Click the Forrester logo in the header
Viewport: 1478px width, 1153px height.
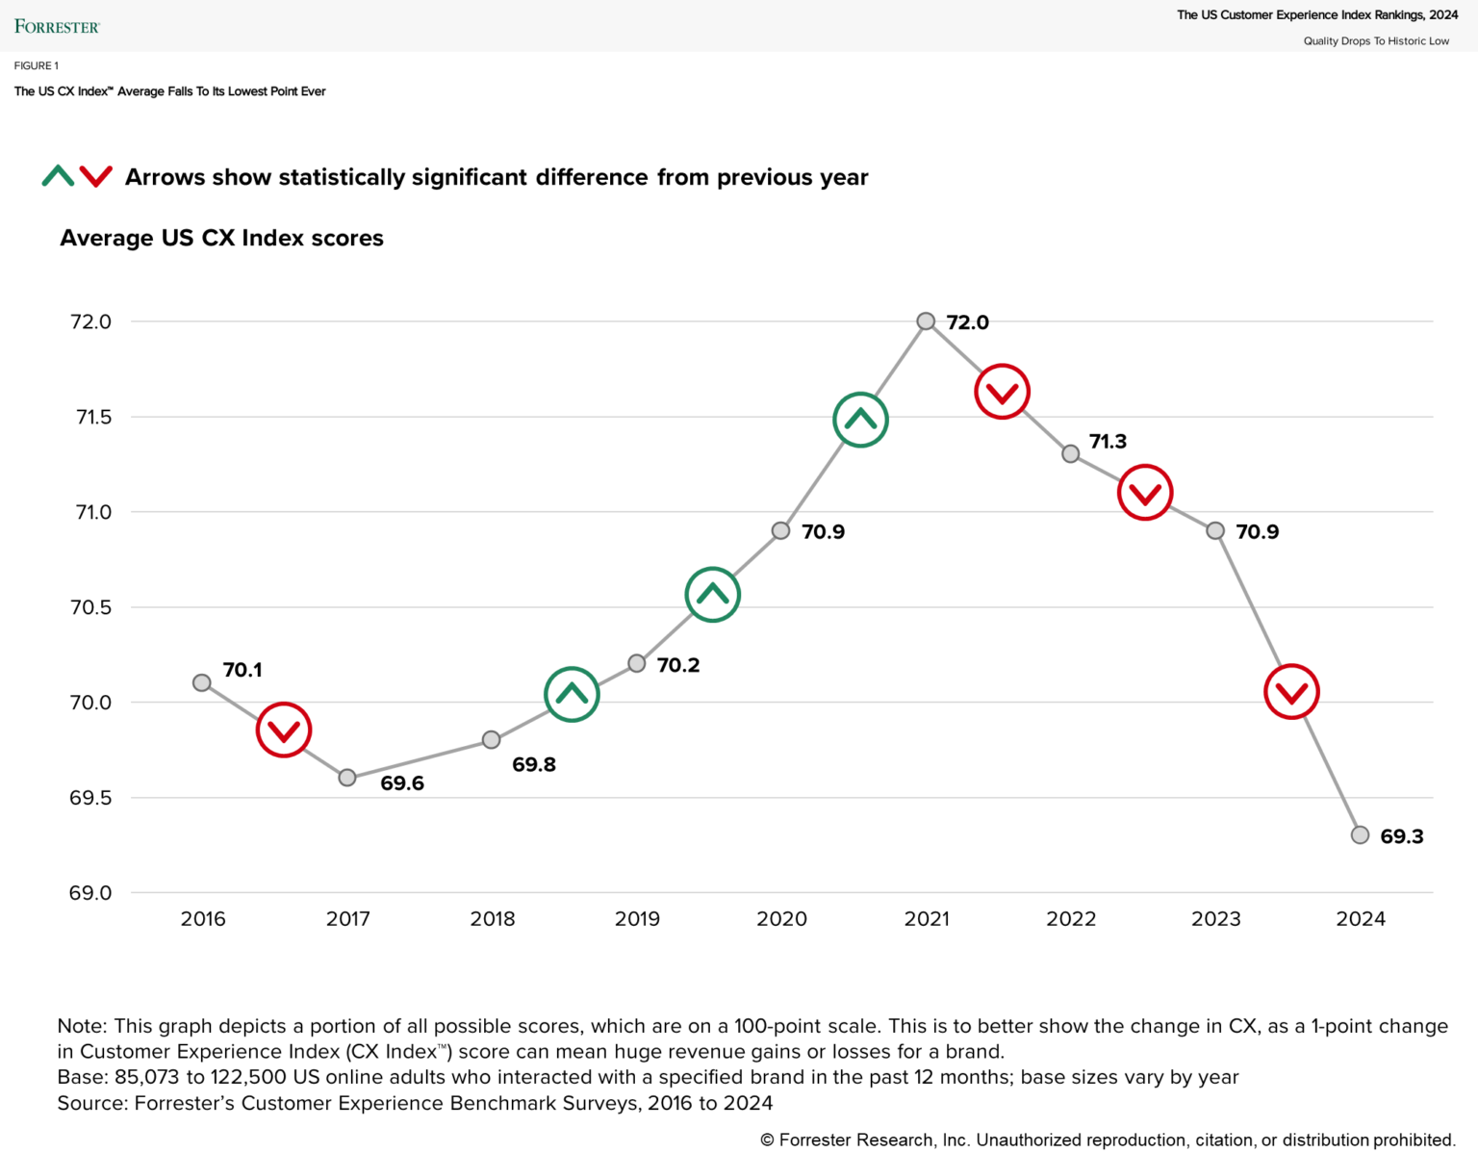(x=57, y=26)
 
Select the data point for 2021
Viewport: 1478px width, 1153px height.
(x=926, y=321)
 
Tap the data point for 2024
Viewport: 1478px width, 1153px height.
(x=1360, y=834)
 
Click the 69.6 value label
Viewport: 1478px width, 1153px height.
(x=401, y=783)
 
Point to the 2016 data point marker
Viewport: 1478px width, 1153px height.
(x=202, y=682)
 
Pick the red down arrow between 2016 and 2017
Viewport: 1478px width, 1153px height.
(x=284, y=730)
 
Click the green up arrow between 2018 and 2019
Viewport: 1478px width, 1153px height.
(x=573, y=694)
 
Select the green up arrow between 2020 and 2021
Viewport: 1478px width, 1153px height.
(x=860, y=420)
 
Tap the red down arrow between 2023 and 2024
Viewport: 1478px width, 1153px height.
(x=1291, y=691)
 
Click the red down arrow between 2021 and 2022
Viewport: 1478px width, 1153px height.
(x=1003, y=392)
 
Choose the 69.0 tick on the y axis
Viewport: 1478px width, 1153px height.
(x=90, y=893)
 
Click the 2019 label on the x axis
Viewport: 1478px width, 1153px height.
(x=637, y=919)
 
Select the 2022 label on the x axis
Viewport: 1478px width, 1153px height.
(x=1071, y=919)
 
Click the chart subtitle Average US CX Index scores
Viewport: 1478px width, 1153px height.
(x=221, y=238)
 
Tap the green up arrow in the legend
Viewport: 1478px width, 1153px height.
(x=58, y=176)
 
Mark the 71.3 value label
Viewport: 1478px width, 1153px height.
(x=1108, y=442)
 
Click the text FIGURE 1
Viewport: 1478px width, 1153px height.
(x=37, y=65)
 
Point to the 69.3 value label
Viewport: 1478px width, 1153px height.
(x=1401, y=836)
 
